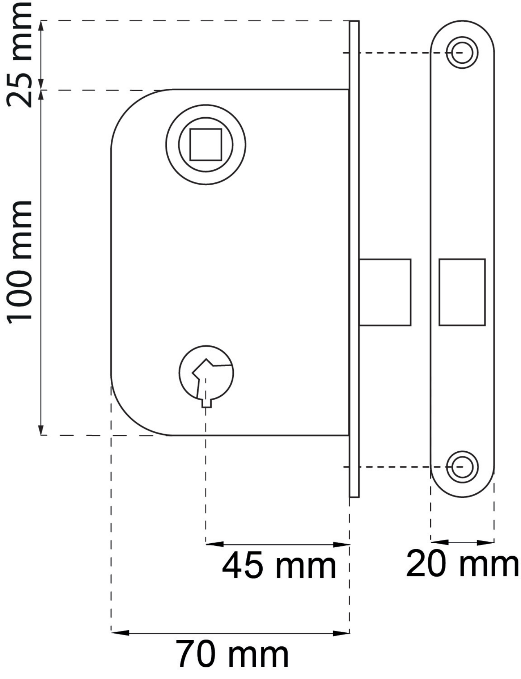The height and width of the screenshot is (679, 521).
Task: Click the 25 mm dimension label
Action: pyautogui.click(x=20, y=55)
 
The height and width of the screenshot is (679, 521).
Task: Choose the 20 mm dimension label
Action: pyautogui.click(x=462, y=563)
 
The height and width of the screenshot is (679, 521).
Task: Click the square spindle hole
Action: pyautogui.click(x=206, y=144)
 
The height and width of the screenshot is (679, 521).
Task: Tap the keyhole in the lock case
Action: pyautogui.click(x=206, y=376)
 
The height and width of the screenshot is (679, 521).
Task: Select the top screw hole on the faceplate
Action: pyautogui.click(x=462, y=52)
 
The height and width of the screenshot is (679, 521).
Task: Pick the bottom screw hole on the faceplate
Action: pyautogui.click(x=462, y=467)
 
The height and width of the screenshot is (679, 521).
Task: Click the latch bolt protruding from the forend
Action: pyautogui.click(x=385, y=292)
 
